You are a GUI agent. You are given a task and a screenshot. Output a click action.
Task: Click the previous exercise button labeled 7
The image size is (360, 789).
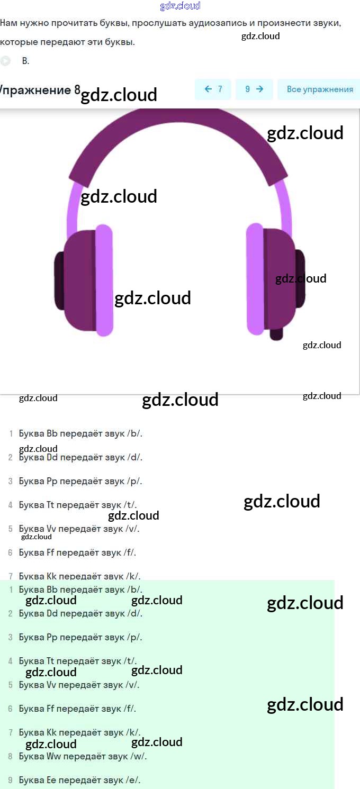[213, 89]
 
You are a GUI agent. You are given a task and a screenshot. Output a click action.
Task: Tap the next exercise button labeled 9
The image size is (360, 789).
[254, 89]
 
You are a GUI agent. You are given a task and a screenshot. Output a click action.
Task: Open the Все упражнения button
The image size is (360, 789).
[319, 89]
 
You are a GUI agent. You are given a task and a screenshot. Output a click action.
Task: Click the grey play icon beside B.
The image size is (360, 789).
[5, 61]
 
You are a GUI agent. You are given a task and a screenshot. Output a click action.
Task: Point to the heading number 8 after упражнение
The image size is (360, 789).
[77, 89]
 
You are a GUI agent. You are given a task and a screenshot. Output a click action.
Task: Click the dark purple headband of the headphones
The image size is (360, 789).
[178, 132]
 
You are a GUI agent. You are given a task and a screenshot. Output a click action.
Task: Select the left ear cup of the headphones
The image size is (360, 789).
[85, 280]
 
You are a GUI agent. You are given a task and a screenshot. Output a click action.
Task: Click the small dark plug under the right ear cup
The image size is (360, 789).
[276, 334]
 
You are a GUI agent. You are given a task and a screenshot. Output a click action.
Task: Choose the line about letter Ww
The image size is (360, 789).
[83, 756]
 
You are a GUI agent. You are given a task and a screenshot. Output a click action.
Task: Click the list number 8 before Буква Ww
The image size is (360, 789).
[10, 757]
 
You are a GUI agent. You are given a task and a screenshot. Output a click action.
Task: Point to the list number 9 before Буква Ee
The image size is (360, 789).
[10, 781]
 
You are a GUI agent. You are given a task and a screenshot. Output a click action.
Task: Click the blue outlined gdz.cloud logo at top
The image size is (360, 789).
[180, 6]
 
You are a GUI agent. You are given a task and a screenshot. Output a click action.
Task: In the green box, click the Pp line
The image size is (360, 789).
[80, 637]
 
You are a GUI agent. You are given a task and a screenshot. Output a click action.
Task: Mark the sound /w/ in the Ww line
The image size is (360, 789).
[137, 756]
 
